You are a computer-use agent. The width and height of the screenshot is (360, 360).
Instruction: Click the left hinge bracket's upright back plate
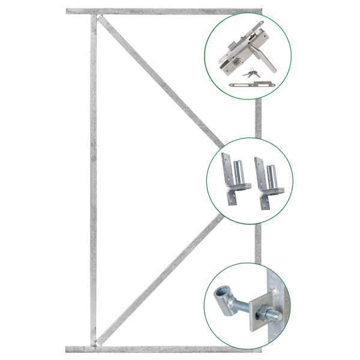(x=226, y=170)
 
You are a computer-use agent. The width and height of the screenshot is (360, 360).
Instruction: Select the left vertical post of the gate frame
(x=93, y=180)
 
